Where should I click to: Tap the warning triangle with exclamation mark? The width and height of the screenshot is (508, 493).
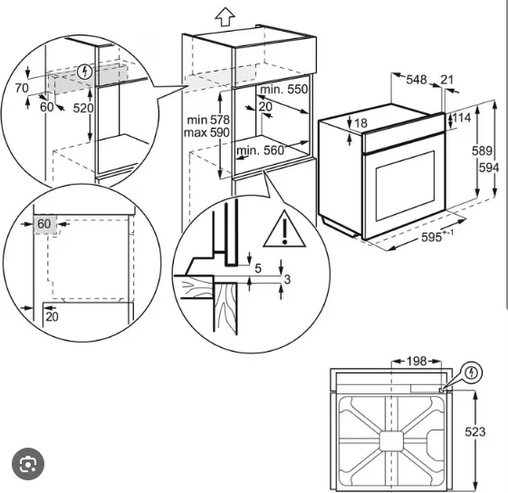tap(284, 229)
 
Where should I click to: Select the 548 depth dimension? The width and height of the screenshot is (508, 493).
tap(417, 80)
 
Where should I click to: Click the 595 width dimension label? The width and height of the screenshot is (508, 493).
tap(431, 237)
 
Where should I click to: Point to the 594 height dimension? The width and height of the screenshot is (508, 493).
tap(489, 168)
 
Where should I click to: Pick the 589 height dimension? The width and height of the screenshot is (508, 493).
tap(482, 150)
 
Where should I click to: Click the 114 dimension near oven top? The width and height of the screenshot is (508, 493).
tap(461, 118)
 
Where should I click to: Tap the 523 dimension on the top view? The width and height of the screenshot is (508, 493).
tap(475, 432)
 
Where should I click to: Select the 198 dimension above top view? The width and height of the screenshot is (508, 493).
tap(417, 361)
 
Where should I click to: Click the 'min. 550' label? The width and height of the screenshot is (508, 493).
tap(283, 89)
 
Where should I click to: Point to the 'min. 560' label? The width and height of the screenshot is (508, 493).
tap(260, 150)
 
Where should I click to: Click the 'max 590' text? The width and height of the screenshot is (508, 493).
tap(206, 132)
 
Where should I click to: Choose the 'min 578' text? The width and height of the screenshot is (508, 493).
tap(208, 120)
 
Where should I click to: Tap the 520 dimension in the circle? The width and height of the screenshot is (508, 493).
tap(83, 108)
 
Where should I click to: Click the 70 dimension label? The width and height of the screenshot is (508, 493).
tap(22, 88)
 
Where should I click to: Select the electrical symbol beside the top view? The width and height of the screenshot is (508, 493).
tap(474, 372)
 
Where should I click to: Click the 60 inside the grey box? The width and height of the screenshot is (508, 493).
tap(44, 224)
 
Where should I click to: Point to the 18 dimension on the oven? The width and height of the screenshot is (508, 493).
tap(361, 123)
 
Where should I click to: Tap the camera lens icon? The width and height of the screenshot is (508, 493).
tap(28, 465)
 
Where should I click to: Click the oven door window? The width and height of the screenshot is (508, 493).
tap(405, 186)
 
